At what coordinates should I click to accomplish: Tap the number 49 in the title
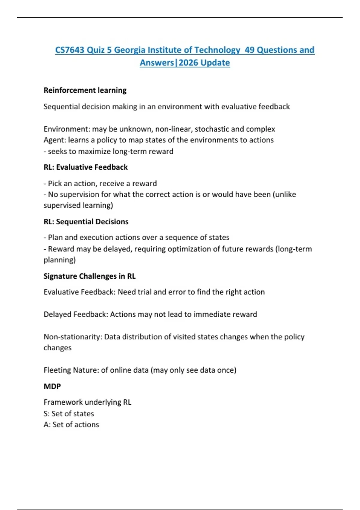click(x=249, y=50)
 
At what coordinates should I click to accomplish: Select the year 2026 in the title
click(x=188, y=63)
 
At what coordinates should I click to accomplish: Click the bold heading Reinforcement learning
click(x=85, y=90)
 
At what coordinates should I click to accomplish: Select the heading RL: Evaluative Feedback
click(x=85, y=167)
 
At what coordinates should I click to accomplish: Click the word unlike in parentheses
click(x=285, y=194)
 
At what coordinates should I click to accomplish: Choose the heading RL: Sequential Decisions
click(x=86, y=222)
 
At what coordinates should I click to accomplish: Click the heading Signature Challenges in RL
click(x=89, y=276)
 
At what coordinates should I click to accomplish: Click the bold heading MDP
click(x=52, y=386)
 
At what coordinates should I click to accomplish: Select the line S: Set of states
click(x=69, y=414)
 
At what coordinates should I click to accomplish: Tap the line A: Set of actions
click(x=71, y=424)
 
